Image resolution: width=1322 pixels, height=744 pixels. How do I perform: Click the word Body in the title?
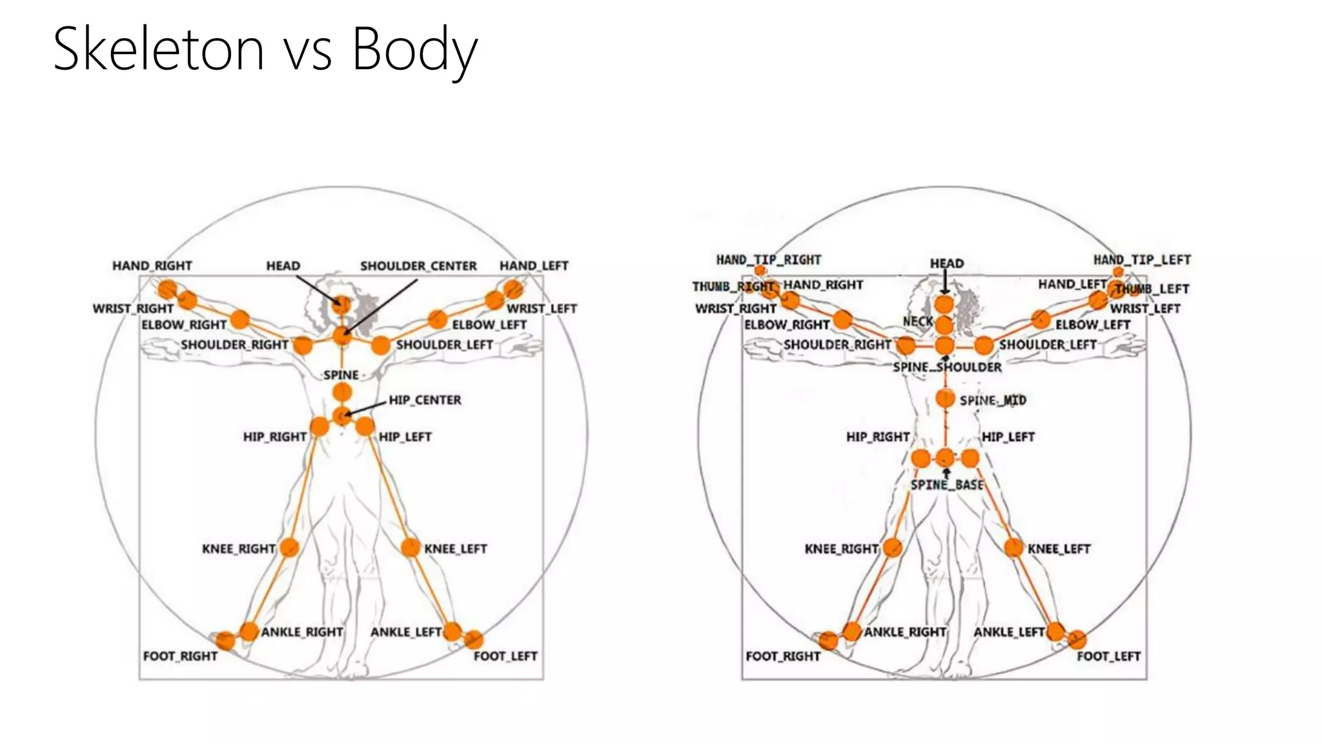click(413, 50)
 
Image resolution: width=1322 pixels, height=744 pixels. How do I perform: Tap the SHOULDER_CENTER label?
click(418, 266)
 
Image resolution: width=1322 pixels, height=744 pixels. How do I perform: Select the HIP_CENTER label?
click(425, 400)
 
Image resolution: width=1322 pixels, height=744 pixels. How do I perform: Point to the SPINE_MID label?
click(993, 400)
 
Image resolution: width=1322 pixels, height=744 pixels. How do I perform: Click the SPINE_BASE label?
click(947, 485)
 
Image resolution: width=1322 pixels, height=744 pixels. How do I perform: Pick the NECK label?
click(918, 322)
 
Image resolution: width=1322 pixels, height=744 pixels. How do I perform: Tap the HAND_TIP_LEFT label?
click(1142, 260)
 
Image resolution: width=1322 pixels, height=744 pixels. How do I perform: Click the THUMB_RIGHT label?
click(733, 286)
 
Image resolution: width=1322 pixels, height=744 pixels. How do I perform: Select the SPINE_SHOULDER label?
click(947, 367)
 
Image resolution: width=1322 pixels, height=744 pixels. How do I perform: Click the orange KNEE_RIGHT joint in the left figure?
click(289, 548)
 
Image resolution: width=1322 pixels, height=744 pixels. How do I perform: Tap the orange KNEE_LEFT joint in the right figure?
click(1014, 548)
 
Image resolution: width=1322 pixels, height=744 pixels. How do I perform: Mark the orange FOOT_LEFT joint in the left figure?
click(474, 640)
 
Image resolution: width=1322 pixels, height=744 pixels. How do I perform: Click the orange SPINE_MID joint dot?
click(945, 398)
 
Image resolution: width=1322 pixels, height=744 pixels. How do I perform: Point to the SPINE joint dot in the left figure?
click(342, 392)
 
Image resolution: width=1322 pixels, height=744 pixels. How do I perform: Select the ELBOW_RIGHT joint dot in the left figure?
click(239, 319)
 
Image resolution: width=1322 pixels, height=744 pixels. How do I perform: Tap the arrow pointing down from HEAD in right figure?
click(945, 282)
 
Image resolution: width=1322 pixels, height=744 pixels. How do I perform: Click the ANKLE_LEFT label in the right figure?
click(1009, 632)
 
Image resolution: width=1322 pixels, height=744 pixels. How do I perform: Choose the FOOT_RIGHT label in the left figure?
click(180, 656)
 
